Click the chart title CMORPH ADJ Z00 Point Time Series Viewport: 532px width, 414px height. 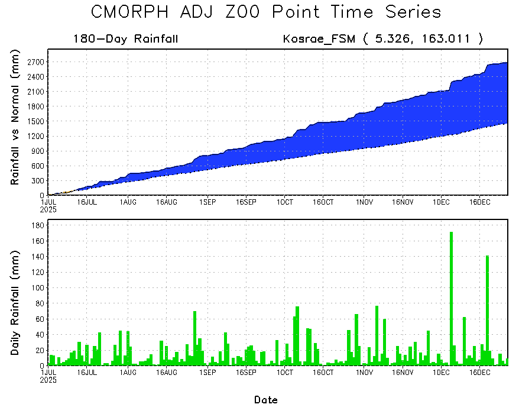click(266, 12)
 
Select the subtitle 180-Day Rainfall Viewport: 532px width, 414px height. click(125, 40)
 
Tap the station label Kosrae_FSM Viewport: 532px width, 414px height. click(320, 40)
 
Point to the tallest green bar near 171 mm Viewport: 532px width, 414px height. click(452, 296)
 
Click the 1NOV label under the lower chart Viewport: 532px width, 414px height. click(364, 373)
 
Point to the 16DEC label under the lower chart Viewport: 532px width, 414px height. click(479, 373)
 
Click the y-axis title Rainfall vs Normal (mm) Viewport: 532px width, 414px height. click(15, 118)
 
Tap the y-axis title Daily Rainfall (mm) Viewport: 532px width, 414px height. click(15, 303)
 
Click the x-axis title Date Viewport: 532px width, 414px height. click(266, 400)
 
